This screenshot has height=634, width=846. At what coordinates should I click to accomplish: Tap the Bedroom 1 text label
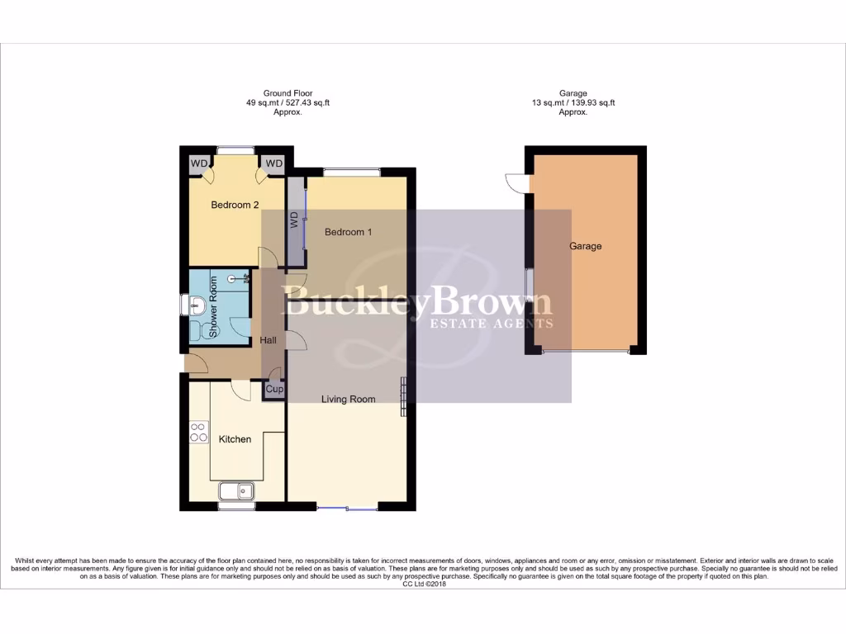[x=348, y=232]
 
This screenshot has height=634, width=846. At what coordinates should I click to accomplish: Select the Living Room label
[x=349, y=399]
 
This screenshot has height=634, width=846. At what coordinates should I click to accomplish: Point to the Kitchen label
[x=235, y=439]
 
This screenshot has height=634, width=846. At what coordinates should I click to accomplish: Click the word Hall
[x=269, y=340]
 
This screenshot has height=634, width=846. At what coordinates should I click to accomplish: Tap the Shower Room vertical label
[x=212, y=307]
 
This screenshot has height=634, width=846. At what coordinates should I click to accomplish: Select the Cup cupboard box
[x=273, y=389]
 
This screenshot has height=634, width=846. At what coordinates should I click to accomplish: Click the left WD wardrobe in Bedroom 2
[x=199, y=163]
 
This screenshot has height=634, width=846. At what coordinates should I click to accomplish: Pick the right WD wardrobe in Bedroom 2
[x=273, y=163]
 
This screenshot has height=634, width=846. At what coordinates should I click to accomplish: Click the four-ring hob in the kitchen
[x=199, y=433]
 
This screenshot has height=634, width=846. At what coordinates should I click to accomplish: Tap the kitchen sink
[x=238, y=491]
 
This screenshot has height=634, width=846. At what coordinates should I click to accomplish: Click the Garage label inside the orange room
[x=585, y=246]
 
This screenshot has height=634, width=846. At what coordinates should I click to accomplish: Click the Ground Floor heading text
[x=288, y=93]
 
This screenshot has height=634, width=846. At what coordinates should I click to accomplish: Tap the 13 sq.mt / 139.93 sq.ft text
[x=573, y=103]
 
